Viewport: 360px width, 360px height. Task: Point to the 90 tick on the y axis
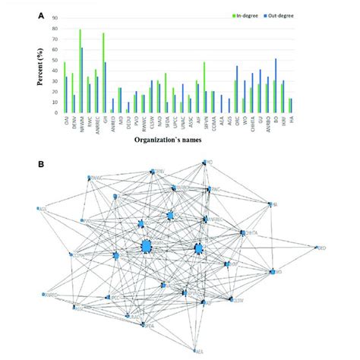point(56,21)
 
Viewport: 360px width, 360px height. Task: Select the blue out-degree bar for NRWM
point(82,81)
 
